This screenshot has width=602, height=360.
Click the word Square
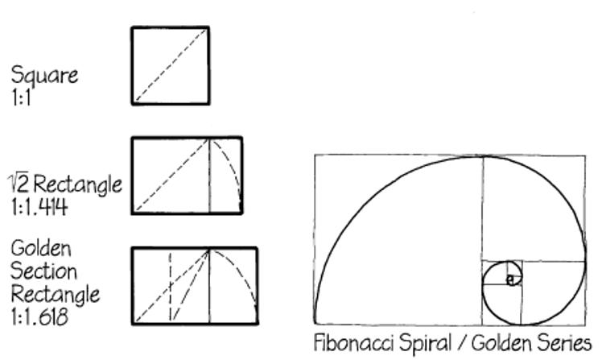coord(44,76)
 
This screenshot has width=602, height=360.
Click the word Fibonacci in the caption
coord(352,341)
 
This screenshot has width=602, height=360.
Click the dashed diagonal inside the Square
coord(171,66)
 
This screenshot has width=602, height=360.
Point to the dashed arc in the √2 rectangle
coord(233,165)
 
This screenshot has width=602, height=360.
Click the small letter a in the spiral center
coord(509,279)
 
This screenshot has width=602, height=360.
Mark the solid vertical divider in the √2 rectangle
coord(210,176)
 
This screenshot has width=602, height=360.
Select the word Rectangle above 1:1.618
coord(55,293)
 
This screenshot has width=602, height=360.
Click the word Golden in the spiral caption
coord(499,341)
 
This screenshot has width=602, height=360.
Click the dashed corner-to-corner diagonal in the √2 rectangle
coord(171,176)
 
